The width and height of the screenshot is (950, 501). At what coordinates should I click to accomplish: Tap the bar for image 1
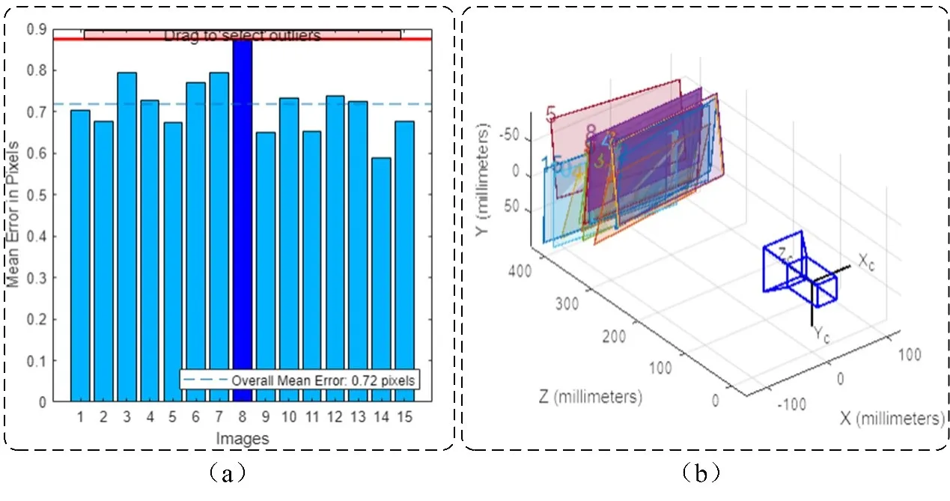(80, 255)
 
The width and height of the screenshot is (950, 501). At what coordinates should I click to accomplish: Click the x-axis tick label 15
(405, 416)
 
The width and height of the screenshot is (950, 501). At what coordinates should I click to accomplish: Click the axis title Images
(242, 438)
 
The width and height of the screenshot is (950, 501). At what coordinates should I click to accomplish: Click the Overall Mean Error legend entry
(299, 380)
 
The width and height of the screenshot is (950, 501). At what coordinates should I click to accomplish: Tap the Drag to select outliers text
(242, 34)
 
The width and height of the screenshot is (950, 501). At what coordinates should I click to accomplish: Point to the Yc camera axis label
(821, 334)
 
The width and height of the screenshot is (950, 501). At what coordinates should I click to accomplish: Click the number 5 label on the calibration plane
(552, 115)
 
